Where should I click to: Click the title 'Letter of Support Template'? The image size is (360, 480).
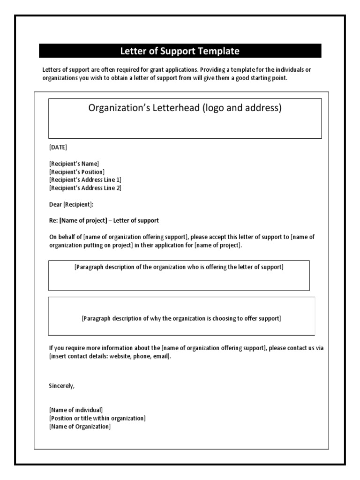click(x=180, y=51)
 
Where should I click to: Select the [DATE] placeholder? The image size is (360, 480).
click(x=58, y=147)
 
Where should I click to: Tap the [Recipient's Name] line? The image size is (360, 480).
click(x=74, y=164)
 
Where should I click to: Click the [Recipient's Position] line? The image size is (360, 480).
click(x=77, y=172)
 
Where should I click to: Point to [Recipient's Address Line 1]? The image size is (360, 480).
click(x=85, y=180)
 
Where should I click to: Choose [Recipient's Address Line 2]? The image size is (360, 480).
click(x=85, y=188)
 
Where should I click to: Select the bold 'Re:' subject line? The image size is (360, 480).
click(x=104, y=220)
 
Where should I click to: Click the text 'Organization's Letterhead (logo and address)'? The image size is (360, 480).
click(x=185, y=108)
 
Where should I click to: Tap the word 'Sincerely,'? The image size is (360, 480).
click(x=61, y=386)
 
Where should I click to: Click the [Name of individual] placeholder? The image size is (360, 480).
click(x=76, y=410)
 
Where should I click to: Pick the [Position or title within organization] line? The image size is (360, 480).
click(x=97, y=418)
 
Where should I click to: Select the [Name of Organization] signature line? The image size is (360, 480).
click(x=80, y=426)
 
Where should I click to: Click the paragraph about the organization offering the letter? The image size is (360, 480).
click(x=179, y=267)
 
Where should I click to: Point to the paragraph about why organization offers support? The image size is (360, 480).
click(x=181, y=318)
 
